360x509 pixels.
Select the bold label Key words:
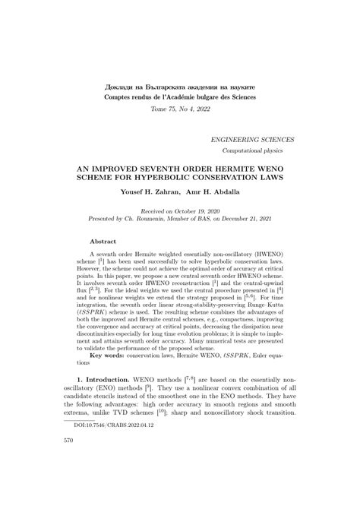(x=109, y=397)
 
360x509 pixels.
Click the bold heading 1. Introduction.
(x=110, y=420)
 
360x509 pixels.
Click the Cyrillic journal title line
(x=180, y=87)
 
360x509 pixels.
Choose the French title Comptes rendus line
(x=180, y=99)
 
